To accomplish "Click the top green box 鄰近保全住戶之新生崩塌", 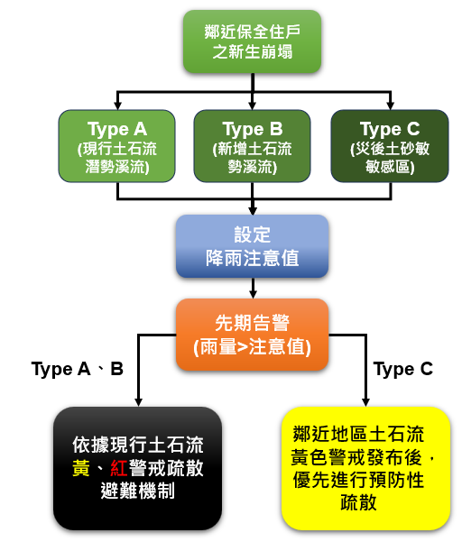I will pyautogui.click(x=252, y=41).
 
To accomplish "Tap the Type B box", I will pyautogui.click(x=252, y=145).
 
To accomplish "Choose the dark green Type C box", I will pyautogui.click(x=389, y=145).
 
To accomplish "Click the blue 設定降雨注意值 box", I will pyautogui.click(x=252, y=246).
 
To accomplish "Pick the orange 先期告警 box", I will pyautogui.click(x=252, y=335).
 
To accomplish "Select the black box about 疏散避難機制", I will pyautogui.click(x=137, y=467).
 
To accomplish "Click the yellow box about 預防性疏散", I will pyautogui.click(x=365, y=467).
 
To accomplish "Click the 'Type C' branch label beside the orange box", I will pyautogui.click(x=402, y=369).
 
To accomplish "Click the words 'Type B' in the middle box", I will pyautogui.click(x=252, y=128).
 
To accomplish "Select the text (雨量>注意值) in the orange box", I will pyautogui.click(x=252, y=347).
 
